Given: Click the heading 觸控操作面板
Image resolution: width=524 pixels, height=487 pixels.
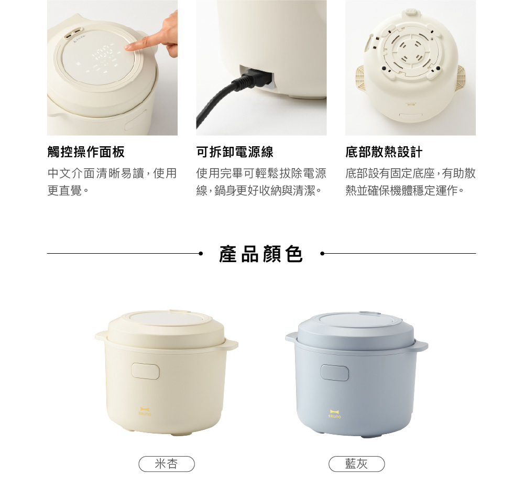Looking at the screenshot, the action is (x=86, y=152).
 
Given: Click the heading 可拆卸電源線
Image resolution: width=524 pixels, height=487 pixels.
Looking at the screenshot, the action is (x=235, y=152).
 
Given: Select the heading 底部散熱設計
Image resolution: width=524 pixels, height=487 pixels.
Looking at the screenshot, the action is (x=384, y=152).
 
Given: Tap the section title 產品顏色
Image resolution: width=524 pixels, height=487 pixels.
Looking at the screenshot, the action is (x=261, y=254).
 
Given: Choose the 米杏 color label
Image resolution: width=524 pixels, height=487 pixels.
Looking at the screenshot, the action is (x=167, y=464).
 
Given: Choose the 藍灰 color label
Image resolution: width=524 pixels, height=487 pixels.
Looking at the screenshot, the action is (x=356, y=464).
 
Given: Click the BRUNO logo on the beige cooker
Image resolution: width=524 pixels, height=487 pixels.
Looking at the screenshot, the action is (x=145, y=412).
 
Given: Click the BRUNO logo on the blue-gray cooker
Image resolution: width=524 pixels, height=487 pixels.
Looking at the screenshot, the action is (x=334, y=414).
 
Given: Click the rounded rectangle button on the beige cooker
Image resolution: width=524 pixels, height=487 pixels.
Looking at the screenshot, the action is (x=145, y=371).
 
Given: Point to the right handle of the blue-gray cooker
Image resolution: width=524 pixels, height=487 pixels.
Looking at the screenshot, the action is (x=421, y=345).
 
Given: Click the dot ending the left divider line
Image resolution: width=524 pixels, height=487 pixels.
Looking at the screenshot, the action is (x=201, y=254).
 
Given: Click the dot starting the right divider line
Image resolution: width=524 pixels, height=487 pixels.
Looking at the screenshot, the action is (x=322, y=254).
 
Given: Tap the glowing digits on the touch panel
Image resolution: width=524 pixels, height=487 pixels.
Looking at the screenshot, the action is (x=102, y=52).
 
